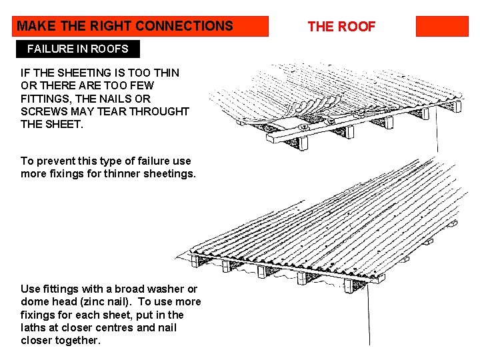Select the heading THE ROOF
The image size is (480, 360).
341,27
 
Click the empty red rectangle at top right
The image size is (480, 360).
442,26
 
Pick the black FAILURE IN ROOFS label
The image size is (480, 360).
78,49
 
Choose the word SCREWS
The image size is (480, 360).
43,111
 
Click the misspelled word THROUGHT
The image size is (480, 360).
159,111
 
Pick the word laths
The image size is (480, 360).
34,327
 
